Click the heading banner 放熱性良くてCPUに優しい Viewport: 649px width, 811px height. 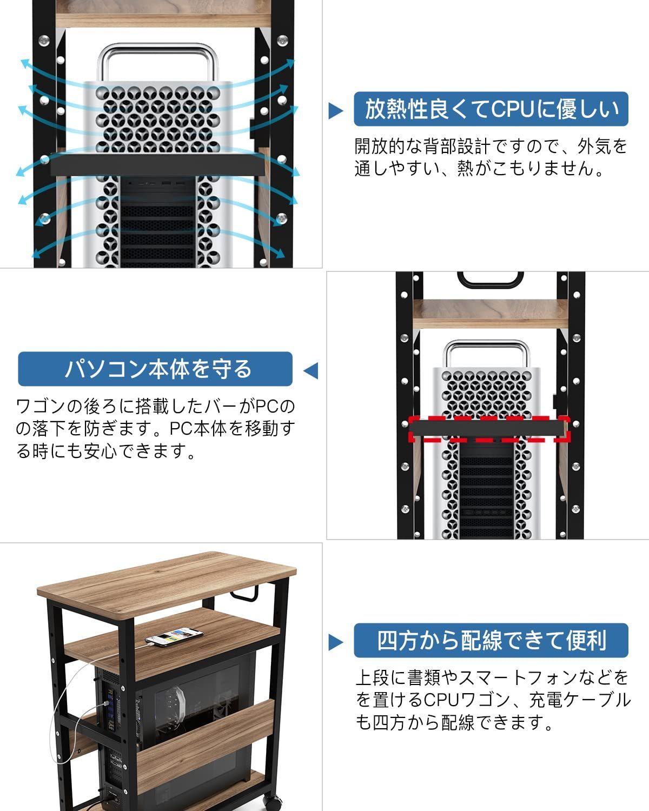[491, 109]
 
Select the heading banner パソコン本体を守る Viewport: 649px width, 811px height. [155, 369]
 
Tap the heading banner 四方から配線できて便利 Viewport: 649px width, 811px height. [491, 641]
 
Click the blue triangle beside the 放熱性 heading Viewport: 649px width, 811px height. [336, 111]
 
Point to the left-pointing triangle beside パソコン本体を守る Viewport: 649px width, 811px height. [310, 371]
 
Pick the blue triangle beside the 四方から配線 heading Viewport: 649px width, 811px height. [336, 642]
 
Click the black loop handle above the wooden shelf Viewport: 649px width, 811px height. [491, 279]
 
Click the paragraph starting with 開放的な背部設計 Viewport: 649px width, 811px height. [491, 157]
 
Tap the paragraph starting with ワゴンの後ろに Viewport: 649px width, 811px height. [155, 428]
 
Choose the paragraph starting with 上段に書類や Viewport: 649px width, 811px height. [492, 700]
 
